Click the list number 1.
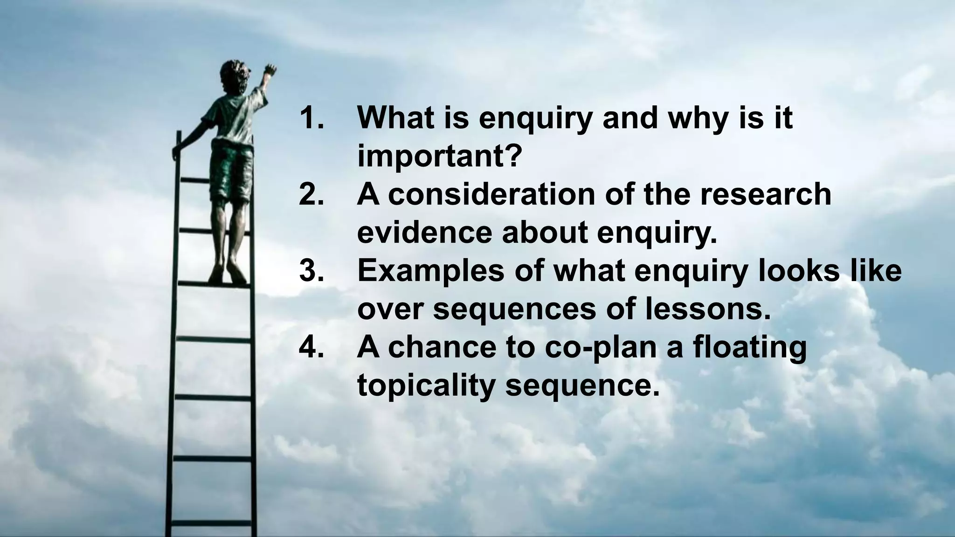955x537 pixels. pyautogui.click(x=311, y=118)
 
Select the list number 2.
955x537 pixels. pyautogui.click(x=311, y=195)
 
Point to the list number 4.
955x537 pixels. pyautogui.click(x=311, y=347)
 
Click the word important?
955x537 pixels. pyautogui.click(x=439, y=157)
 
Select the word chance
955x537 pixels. pyautogui.click(x=444, y=347)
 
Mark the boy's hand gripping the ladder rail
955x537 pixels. pyautogui.click(x=177, y=151)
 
